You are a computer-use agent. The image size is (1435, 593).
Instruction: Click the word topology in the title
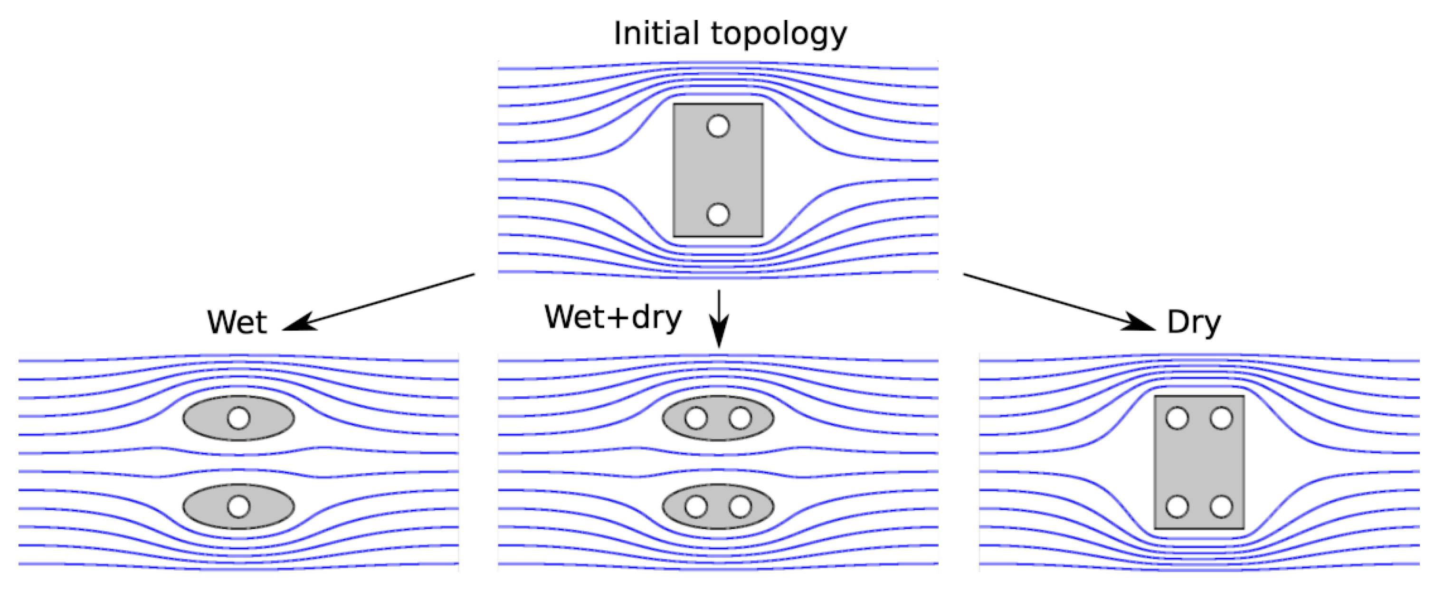pyautogui.click(x=779, y=35)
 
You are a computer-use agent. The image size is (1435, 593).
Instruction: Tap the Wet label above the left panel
pyautogui.click(x=237, y=322)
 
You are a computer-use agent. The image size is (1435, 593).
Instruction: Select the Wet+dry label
pyautogui.click(x=613, y=318)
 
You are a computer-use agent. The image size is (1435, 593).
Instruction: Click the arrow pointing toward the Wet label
pyautogui.click(x=379, y=302)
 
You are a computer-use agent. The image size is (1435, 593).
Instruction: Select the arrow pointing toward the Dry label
pyautogui.click(x=1058, y=302)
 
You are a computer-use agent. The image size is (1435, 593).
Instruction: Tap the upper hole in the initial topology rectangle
pyautogui.click(x=718, y=126)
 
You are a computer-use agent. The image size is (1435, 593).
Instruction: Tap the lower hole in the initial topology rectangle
pyautogui.click(x=718, y=214)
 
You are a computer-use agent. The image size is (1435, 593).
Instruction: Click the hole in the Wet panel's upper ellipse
pyautogui.click(x=239, y=418)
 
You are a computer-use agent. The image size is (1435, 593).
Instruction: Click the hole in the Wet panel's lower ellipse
pyautogui.click(x=239, y=506)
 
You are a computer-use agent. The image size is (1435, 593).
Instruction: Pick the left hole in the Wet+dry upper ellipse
pyautogui.click(x=696, y=418)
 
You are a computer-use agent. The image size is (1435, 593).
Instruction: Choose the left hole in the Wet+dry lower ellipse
pyautogui.click(x=696, y=506)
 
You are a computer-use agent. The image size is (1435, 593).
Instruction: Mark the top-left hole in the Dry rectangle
pyautogui.click(x=1177, y=418)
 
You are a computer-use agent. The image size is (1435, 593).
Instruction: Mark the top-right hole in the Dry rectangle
pyautogui.click(x=1221, y=418)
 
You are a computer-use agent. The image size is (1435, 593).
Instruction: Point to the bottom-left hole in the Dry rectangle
pyautogui.click(x=1177, y=506)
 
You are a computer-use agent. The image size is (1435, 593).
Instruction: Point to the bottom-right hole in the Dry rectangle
pyautogui.click(x=1221, y=506)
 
